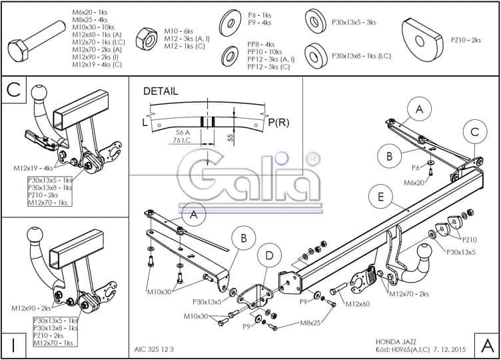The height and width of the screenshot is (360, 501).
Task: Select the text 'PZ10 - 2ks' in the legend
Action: pyautogui.click(x=466, y=40)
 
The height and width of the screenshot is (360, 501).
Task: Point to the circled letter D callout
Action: pyautogui.click(x=268, y=255)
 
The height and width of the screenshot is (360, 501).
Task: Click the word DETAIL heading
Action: pyautogui.click(x=161, y=91)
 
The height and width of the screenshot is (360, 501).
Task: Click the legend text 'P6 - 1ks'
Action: pyautogui.click(x=260, y=14)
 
